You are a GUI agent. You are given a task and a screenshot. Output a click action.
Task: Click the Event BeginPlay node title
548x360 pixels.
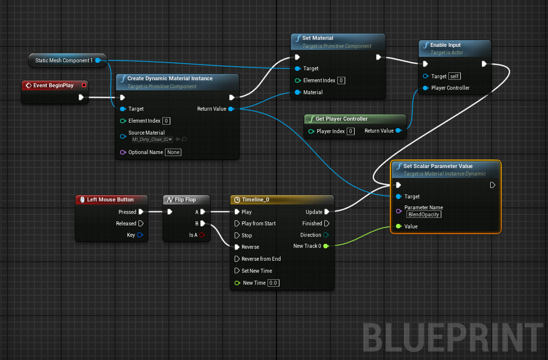(x=53, y=85)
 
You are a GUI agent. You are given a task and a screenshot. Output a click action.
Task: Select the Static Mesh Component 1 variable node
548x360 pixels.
(x=64, y=60)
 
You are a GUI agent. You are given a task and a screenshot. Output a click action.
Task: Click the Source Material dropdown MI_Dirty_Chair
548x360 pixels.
(x=152, y=139)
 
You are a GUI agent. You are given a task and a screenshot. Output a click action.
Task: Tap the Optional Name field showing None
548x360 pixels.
(x=173, y=152)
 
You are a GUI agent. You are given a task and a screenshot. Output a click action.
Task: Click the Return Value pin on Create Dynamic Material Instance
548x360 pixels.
(x=231, y=109)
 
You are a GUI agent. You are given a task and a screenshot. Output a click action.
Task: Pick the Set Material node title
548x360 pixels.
(x=317, y=38)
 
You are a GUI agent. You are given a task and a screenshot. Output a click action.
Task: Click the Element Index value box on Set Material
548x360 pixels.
(x=341, y=80)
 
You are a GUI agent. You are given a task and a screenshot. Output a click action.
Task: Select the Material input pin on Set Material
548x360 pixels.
(x=298, y=92)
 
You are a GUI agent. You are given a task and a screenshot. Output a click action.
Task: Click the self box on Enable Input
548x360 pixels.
(x=454, y=76)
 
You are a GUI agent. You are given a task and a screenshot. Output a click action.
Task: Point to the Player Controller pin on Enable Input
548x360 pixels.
(x=425, y=88)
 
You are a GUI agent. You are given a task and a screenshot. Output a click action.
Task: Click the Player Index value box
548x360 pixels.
(x=351, y=131)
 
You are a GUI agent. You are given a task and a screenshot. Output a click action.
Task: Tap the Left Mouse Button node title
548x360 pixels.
(x=110, y=199)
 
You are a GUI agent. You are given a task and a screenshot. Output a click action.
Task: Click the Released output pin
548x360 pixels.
(x=141, y=223)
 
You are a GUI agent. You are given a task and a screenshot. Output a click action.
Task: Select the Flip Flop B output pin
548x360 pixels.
(x=203, y=223)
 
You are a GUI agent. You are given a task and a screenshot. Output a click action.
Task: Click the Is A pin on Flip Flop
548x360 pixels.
(x=202, y=235)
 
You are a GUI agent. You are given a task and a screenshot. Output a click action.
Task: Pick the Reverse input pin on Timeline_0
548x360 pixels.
(x=238, y=247)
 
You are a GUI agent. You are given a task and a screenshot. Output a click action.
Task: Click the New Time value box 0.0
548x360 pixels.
(x=274, y=283)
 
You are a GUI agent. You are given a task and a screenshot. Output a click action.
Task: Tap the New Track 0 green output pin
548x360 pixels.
(x=326, y=246)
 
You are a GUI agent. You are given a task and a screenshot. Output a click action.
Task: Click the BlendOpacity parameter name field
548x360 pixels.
(x=424, y=214)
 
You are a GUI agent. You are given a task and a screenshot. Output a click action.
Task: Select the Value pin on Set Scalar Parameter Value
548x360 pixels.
(x=399, y=226)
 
